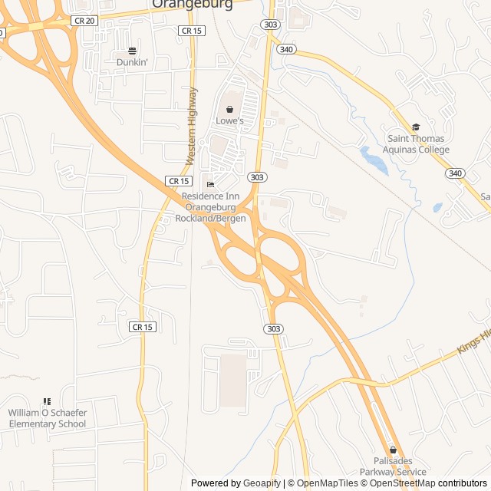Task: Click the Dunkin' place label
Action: tap(132, 61)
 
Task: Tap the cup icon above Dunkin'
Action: tap(132, 51)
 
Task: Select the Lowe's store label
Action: tap(229, 120)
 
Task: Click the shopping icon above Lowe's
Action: tap(229, 110)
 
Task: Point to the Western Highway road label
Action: tap(191, 127)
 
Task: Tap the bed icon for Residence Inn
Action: tap(210, 184)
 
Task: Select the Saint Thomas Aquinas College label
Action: tap(418, 144)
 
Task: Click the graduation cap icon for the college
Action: tap(417, 127)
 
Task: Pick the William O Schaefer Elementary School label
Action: tap(48, 418)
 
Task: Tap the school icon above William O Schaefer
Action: tap(47, 401)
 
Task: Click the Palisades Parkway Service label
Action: tap(394, 466)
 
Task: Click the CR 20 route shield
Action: tap(85, 21)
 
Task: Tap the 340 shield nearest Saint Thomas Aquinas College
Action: tap(455, 173)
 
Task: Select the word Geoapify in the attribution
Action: tap(262, 483)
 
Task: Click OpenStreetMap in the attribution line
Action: tap(403, 483)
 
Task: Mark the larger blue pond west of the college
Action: tap(374, 160)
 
